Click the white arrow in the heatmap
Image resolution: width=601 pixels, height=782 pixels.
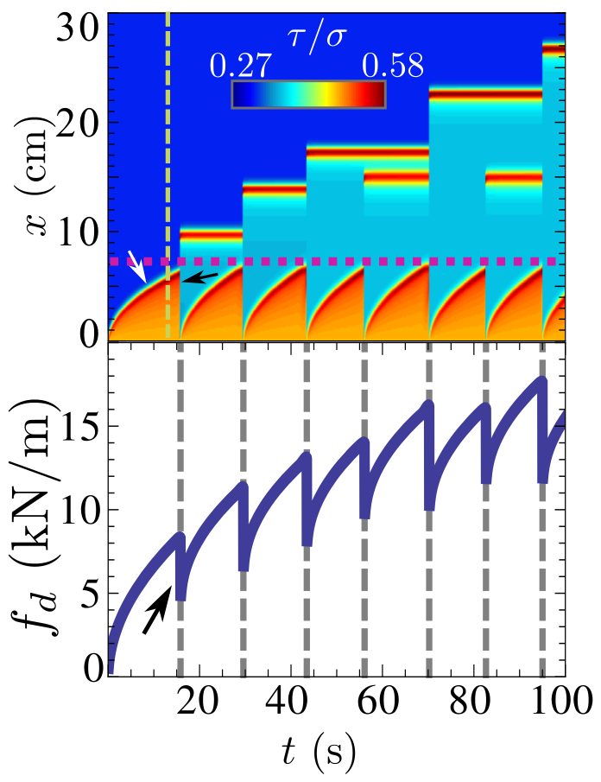(x=136, y=265)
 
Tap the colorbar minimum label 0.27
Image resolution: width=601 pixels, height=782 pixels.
(x=241, y=67)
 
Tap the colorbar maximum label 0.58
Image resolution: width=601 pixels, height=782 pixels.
(x=392, y=67)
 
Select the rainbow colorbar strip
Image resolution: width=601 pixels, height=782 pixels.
(x=308, y=94)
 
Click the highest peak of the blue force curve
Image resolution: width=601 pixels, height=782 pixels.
(x=541, y=379)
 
